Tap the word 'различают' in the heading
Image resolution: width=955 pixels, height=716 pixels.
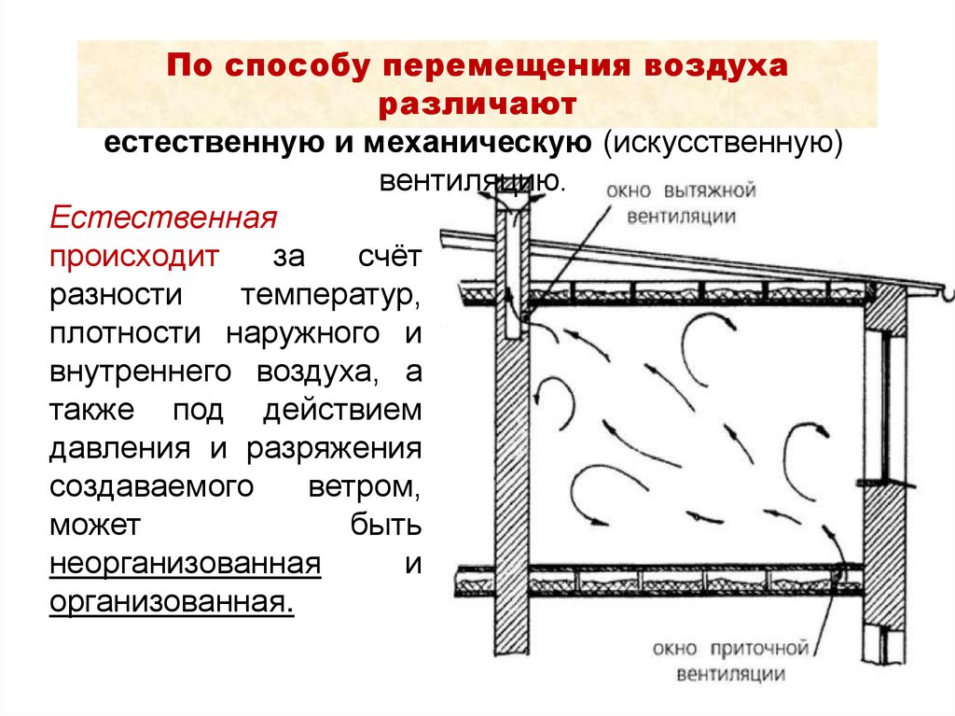point(477,105)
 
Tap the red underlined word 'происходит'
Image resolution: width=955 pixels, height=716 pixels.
point(135,257)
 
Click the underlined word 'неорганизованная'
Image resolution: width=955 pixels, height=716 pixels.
point(187,565)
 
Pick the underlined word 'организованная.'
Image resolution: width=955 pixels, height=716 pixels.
point(173,602)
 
